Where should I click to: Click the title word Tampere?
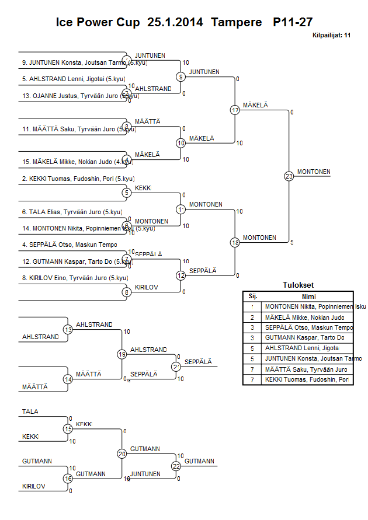237,23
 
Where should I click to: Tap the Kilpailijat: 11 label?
331,36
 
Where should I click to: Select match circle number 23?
289,176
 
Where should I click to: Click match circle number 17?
235,110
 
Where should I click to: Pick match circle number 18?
235,242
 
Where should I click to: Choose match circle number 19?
122,354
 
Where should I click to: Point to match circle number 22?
176,466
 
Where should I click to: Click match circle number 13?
68,330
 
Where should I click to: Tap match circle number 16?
68,479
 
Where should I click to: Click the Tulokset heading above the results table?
298,285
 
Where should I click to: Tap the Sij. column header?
253,296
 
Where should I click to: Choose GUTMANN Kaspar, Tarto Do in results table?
304,338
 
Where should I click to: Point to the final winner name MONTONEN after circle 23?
314,172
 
